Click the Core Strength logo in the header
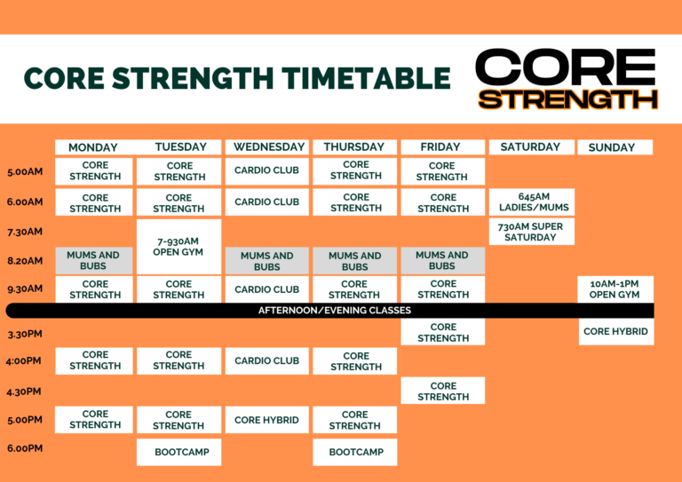point(567,79)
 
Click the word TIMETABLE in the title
point(366,78)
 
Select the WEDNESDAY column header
point(267,146)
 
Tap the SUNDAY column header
point(615,147)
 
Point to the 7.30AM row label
point(25,232)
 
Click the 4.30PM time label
point(24,391)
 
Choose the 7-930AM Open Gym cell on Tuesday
point(178,247)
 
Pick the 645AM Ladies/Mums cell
point(532,202)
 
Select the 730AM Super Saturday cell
point(532,232)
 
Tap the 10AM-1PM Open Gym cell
point(616,289)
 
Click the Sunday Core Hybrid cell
point(616,332)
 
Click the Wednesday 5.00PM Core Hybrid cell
point(267,420)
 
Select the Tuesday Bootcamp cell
point(178,452)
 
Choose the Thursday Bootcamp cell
point(355,452)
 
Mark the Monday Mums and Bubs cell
point(94,261)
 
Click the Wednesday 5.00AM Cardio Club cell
point(267,170)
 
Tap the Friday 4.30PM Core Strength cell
point(443,391)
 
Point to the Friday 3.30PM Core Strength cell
point(443,332)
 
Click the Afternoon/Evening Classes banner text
point(335,311)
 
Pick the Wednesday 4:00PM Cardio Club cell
point(267,360)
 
